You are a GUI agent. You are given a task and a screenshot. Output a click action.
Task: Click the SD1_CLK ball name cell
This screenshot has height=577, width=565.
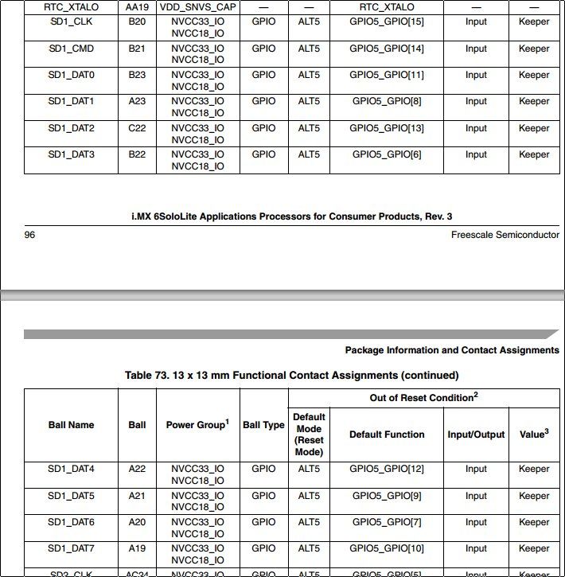pos(71,21)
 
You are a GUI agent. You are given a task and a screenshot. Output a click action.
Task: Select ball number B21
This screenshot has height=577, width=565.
pos(137,49)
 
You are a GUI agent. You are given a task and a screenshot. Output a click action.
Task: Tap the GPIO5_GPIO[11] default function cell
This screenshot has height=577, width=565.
pos(387,75)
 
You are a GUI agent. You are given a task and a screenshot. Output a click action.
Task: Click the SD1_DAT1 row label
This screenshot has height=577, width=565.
pos(71,101)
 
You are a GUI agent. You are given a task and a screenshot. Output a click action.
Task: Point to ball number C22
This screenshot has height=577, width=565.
pos(137,128)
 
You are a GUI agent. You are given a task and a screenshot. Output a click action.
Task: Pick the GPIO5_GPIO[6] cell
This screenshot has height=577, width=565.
pos(387,154)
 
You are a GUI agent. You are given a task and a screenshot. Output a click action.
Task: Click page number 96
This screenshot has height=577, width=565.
pos(29,235)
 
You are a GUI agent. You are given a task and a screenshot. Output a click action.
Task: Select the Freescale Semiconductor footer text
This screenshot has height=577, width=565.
pos(505,235)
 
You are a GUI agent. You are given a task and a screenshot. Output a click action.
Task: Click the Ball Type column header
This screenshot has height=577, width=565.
pos(263,425)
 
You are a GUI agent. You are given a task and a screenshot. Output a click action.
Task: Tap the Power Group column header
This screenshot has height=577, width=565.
pos(197,425)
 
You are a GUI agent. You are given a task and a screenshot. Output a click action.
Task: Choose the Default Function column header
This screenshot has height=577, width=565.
pos(387,435)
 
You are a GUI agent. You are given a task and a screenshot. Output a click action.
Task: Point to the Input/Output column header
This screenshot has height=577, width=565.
pos(476,435)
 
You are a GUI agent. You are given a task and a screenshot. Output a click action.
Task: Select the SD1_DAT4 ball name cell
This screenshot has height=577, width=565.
pos(71,469)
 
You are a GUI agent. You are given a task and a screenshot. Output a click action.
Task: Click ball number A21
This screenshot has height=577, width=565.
pos(137,496)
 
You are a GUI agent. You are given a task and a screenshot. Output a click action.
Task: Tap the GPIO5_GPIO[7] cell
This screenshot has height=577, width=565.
pos(387,522)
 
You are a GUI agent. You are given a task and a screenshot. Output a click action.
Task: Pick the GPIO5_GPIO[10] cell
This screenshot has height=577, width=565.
pos(387,548)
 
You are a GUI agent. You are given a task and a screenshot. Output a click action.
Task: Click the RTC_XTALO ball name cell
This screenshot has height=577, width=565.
pos(71,6)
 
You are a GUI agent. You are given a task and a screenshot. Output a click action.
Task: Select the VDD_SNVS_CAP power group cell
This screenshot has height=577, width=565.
pos(197,6)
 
